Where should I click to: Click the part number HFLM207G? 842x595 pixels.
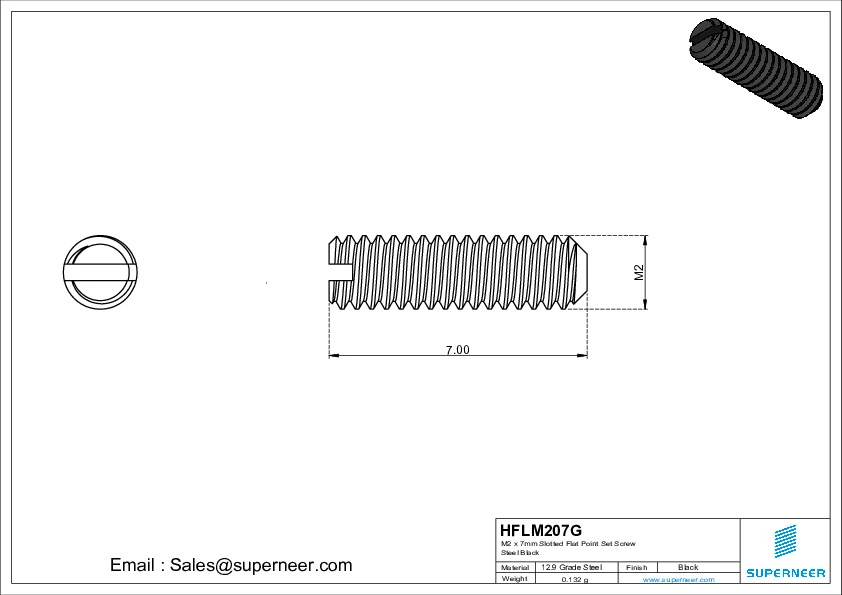click(x=540, y=530)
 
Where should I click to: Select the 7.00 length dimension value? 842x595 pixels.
click(x=457, y=350)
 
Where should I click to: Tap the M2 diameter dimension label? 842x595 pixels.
click(x=638, y=273)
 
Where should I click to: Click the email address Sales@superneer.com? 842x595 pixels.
click(x=231, y=565)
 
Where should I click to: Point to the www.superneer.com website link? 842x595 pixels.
click(x=678, y=580)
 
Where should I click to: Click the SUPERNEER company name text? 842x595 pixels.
click(x=785, y=573)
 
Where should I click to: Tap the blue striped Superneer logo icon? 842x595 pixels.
click(x=785, y=541)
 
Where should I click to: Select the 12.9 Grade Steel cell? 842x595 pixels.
click(x=571, y=567)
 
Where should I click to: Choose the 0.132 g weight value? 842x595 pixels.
click(x=575, y=579)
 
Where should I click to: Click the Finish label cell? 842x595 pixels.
click(x=637, y=567)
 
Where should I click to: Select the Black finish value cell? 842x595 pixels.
click(x=688, y=567)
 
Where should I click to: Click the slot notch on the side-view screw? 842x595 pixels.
click(x=340, y=268)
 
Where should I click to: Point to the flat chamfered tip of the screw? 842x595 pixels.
click(x=583, y=272)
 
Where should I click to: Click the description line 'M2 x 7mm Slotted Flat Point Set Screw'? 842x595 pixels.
click(x=568, y=543)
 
